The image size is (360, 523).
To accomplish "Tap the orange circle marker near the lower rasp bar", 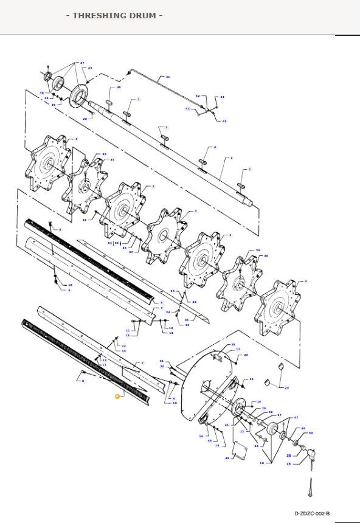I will (x=118, y=396).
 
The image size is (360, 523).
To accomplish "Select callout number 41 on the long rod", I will (x=168, y=78).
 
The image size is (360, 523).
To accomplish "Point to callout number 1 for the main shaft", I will (x=232, y=158).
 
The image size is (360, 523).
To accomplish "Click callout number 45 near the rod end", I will (x=224, y=121).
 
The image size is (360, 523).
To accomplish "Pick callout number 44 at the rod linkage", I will (x=222, y=97).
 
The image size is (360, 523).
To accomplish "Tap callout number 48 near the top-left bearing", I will (x=42, y=93).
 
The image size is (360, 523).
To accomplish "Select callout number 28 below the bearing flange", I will (x=85, y=119).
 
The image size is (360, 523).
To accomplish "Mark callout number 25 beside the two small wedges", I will (x=287, y=387).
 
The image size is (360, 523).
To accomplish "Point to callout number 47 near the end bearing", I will (x=296, y=418).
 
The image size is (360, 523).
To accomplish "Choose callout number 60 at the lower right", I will (x=310, y=433).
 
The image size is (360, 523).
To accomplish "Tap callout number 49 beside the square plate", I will (x=227, y=458).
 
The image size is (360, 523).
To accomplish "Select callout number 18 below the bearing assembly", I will (x=262, y=463).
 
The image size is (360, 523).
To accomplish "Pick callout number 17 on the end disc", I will (x=238, y=350).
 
